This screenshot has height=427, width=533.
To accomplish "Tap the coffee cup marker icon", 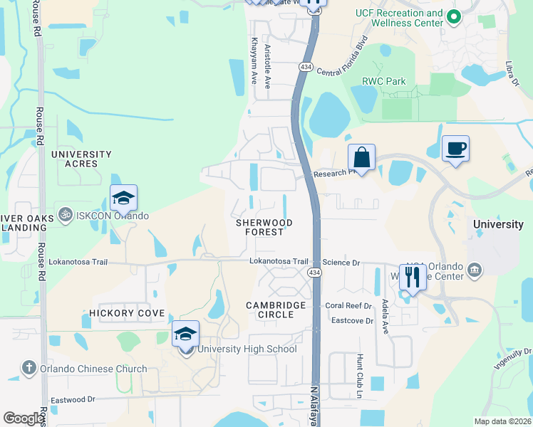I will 455,149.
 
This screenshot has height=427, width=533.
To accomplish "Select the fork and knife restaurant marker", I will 413,276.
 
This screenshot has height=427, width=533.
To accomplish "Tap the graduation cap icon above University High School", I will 185,334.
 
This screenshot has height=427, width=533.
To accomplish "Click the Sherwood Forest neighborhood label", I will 264,228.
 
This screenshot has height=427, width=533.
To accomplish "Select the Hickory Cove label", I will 127,313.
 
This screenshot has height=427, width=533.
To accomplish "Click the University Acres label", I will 81,159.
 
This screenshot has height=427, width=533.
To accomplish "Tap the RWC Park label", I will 384,82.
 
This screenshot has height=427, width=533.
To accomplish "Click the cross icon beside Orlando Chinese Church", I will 29,368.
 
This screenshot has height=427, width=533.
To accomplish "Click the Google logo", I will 24,418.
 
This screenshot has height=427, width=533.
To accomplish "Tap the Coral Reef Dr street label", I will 348,306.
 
